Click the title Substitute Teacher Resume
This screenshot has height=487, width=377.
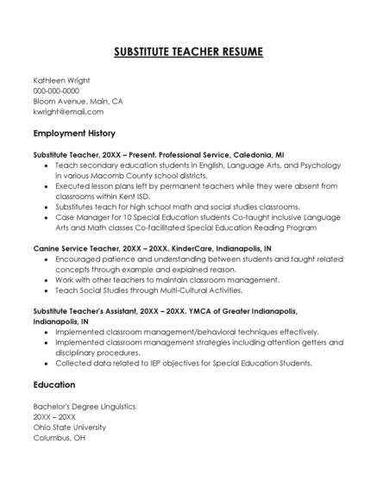tap(188, 53)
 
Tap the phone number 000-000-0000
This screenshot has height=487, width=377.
tap(56, 91)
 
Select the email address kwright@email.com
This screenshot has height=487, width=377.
tap(68, 112)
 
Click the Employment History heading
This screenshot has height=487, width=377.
tap(74, 134)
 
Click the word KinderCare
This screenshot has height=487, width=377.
tap(181, 247)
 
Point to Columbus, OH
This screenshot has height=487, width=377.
tap(60, 437)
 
